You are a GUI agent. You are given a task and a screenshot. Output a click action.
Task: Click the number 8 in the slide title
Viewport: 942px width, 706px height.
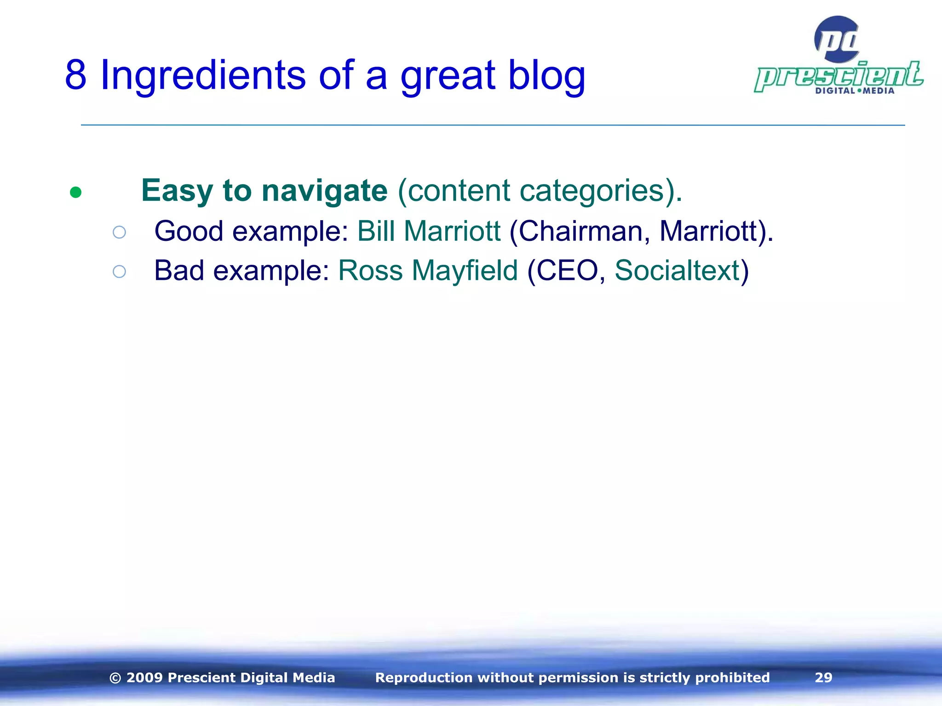pyautogui.click(x=76, y=75)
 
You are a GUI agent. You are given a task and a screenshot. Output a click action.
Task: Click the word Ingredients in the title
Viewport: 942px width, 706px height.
pyautogui.click(x=203, y=75)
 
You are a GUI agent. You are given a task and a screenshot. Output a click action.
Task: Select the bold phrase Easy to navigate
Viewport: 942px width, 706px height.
pyautogui.click(x=264, y=191)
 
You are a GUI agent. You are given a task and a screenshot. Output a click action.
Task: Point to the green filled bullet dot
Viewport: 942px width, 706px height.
pyautogui.click(x=76, y=192)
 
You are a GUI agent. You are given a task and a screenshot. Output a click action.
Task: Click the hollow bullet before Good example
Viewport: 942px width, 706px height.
pyautogui.click(x=119, y=232)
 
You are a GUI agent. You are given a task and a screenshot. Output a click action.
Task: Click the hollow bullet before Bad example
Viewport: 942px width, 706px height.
pyautogui.click(x=119, y=272)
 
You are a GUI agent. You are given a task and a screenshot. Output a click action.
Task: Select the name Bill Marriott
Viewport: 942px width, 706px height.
pyautogui.click(x=429, y=231)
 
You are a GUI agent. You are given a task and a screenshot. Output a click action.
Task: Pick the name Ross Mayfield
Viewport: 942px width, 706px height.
pyautogui.click(x=428, y=270)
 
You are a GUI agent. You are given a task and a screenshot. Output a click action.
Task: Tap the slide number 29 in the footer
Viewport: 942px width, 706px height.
pyautogui.click(x=823, y=678)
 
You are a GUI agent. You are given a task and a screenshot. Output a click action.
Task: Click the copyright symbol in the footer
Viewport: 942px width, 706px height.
pyautogui.click(x=115, y=678)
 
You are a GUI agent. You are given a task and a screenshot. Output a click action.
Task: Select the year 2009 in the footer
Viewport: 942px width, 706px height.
pyautogui.click(x=144, y=678)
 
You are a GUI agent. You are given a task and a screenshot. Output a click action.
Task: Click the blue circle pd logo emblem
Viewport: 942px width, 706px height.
pyautogui.click(x=837, y=40)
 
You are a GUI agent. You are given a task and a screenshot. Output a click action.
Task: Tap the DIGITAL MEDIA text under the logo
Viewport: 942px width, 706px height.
pyautogui.click(x=855, y=91)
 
